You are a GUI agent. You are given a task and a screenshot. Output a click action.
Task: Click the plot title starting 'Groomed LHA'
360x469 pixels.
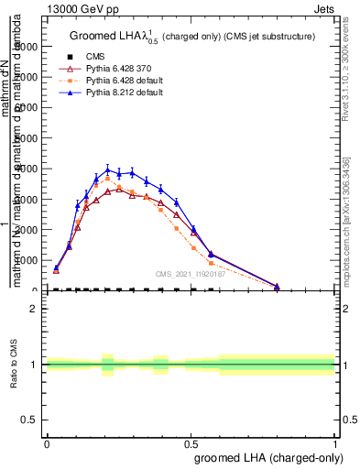tap(192, 36)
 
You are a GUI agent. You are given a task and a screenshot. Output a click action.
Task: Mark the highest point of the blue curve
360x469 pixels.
tap(108, 169)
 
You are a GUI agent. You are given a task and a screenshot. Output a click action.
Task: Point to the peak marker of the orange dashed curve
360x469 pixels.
tap(108, 179)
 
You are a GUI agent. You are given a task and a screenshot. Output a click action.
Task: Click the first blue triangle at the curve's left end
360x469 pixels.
tap(56, 267)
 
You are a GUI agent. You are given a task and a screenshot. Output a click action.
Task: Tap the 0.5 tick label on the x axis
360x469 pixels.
tap(191, 442)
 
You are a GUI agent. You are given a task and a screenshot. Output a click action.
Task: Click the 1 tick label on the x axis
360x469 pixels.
tap(334, 442)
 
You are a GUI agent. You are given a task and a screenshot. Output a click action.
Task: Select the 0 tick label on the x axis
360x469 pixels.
tap(47, 442)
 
